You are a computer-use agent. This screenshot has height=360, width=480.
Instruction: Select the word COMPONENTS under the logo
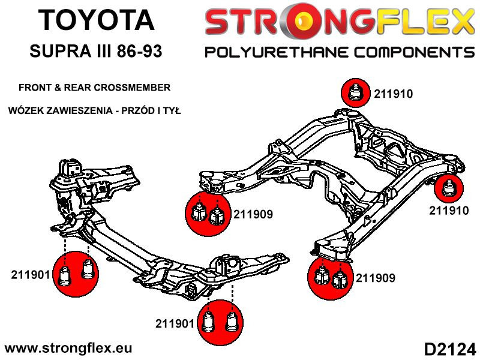tap(408, 52)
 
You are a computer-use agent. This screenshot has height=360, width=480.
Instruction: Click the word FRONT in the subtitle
tap(35, 88)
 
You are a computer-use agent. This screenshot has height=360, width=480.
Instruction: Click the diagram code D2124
tap(449, 348)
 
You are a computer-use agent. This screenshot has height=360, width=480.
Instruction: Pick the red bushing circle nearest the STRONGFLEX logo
tap(356, 94)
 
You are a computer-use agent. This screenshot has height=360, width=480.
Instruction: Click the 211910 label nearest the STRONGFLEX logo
tap(393, 94)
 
